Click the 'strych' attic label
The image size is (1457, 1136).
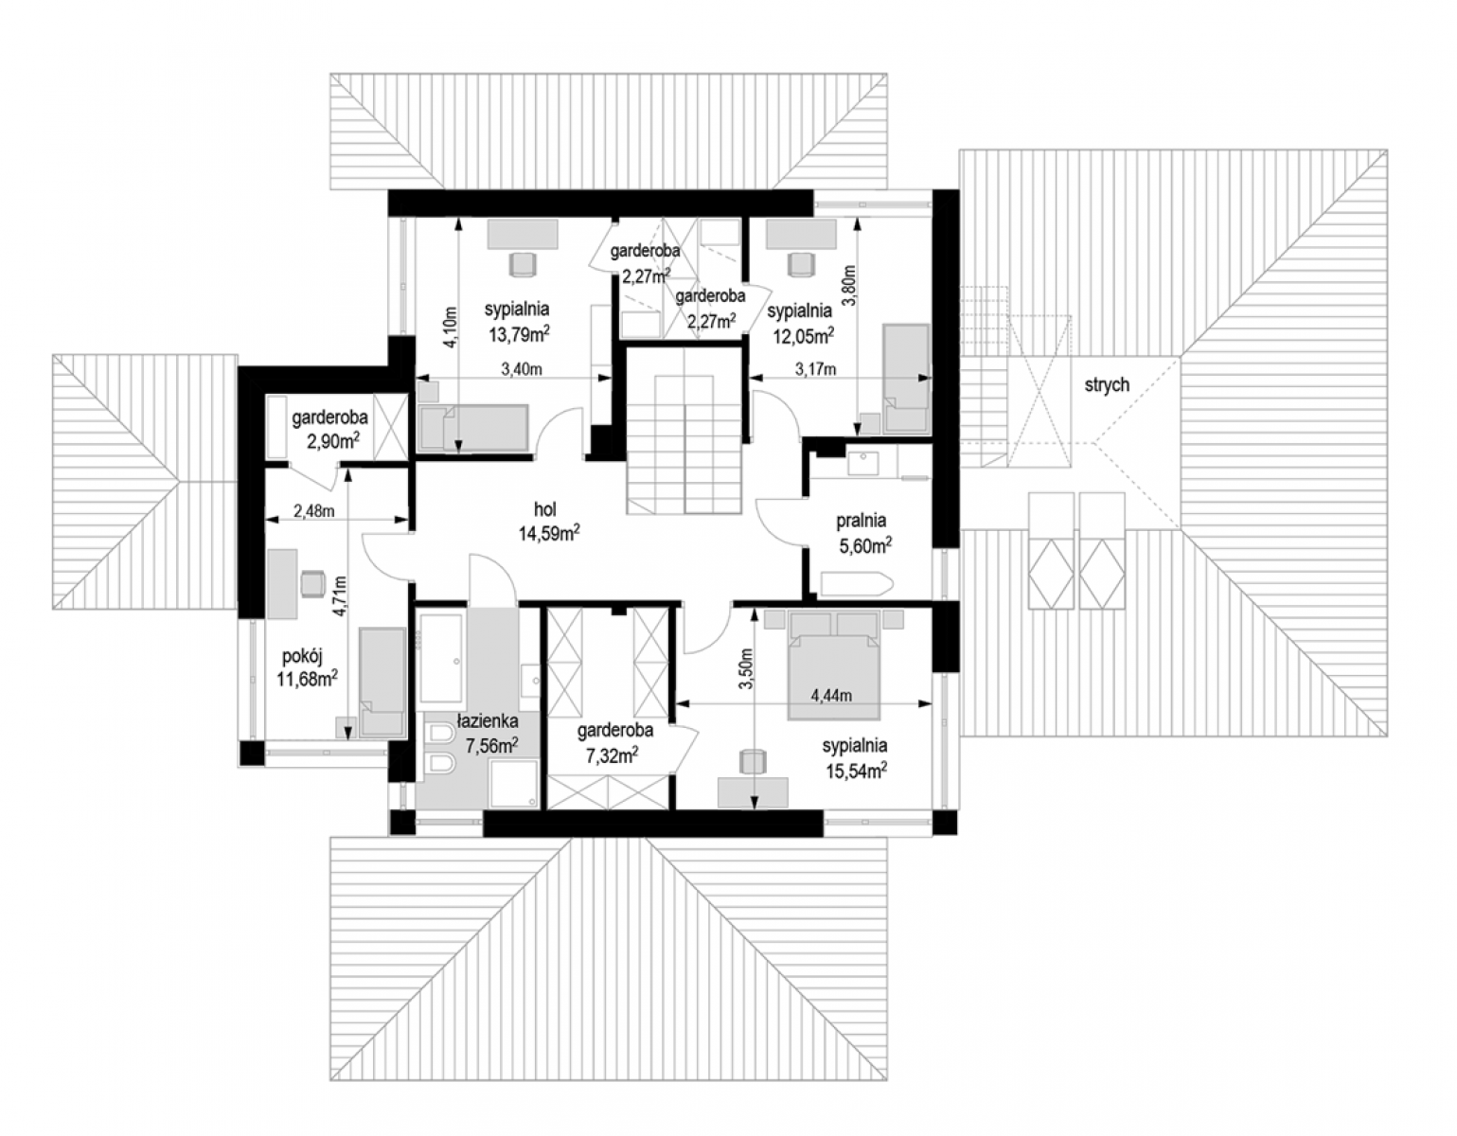pyautogui.click(x=1107, y=385)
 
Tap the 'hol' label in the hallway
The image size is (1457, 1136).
pyautogui.click(x=545, y=509)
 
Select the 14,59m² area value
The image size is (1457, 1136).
pyautogui.click(x=548, y=534)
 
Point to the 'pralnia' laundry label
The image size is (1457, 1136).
pyautogui.click(x=861, y=521)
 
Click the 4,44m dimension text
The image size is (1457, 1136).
pyautogui.click(x=831, y=696)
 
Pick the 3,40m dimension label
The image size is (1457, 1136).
pyautogui.click(x=522, y=368)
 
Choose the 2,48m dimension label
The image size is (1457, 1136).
pyautogui.click(x=313, y=511)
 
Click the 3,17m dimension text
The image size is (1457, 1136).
pyautogui.click(x=815, y=369)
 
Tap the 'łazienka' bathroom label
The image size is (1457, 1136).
pyautogui.click(x=488, y=721)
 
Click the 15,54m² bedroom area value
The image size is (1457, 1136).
pyautogui.click(x=856, y=771)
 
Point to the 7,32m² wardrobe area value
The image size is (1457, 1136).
pyautogui.click(x=612, y=755)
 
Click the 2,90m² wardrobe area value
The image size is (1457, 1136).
pyautogui.click(x=333, y=442)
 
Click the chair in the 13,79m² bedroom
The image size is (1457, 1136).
pyautogui.click(x=523, y=264)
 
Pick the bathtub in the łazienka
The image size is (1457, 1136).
pyautogui.click(x=440, y=660)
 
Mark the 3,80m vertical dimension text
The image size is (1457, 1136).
pyautogui.click(x=849, y=285)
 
